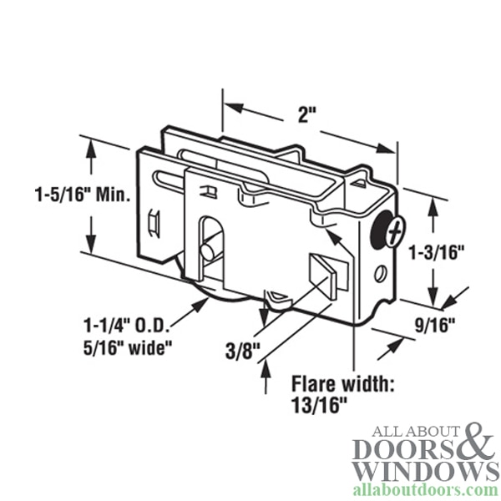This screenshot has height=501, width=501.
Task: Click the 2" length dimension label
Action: (306, 115)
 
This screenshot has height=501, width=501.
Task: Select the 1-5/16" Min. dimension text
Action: (83, 195)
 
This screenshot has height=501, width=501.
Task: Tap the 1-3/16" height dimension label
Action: (437, 252)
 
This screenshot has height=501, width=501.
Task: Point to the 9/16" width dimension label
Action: (435, 326)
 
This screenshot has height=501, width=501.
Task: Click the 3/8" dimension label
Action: (243, 352)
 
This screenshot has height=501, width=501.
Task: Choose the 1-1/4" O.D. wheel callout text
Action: (126, 326)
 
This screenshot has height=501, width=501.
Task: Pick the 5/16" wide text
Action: (128, 347)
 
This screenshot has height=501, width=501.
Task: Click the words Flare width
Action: (342, 384)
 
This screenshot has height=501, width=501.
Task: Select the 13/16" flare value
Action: (319, 406)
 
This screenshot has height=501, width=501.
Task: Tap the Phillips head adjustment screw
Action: (396, 230)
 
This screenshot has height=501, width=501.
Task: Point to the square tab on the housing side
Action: (324, 276)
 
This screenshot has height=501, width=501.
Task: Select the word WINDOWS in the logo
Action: (426, 472)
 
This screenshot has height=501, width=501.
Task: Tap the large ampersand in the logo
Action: (476, 440)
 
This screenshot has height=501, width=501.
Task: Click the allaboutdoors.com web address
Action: (426, 490)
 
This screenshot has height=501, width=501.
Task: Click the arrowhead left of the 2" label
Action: (234, 108)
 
